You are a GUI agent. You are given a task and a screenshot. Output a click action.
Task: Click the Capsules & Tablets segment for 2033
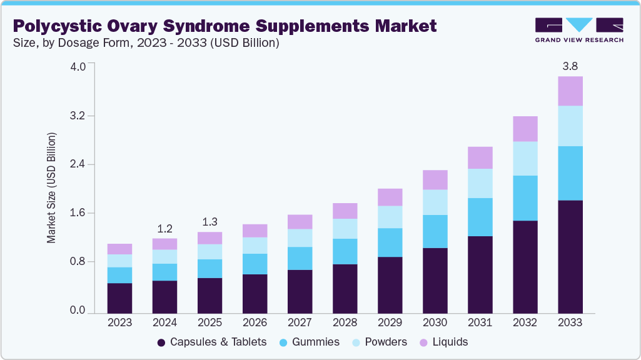tap(570, 256)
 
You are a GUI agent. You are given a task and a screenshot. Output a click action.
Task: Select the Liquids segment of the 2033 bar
tap(570, 91)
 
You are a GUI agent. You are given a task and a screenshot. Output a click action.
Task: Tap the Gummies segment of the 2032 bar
tap(525, 198)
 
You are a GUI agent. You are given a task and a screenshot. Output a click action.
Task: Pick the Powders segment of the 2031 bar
tap(480, 183)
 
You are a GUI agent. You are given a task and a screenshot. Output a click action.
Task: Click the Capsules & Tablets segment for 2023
tap(119, 297)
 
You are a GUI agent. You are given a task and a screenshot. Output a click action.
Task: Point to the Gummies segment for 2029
tap(390, 242)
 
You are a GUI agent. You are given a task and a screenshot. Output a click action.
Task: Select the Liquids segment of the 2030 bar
tap(435, 180)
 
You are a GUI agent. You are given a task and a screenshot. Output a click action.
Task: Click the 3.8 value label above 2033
tap(570, 66)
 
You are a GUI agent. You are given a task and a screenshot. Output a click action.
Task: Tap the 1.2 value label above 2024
tap(164, 227)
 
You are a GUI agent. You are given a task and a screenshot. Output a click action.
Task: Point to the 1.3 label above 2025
tap(209, 221)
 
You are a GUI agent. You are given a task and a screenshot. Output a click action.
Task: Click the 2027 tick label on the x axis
tap(300, 322)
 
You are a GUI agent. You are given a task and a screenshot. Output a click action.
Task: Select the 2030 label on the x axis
tap(435, 322)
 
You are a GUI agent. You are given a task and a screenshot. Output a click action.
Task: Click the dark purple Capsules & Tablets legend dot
tap(161, 342)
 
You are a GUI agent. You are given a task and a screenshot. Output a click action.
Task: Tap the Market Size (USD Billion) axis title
tap(52, 187)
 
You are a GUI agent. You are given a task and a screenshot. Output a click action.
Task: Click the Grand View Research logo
tap(578, 30)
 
